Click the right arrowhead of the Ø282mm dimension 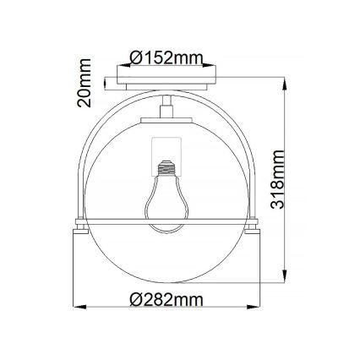(x=258, y=308)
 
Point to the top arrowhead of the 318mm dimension (x=286, y=74)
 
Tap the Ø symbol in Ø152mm (x=138, y=57)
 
